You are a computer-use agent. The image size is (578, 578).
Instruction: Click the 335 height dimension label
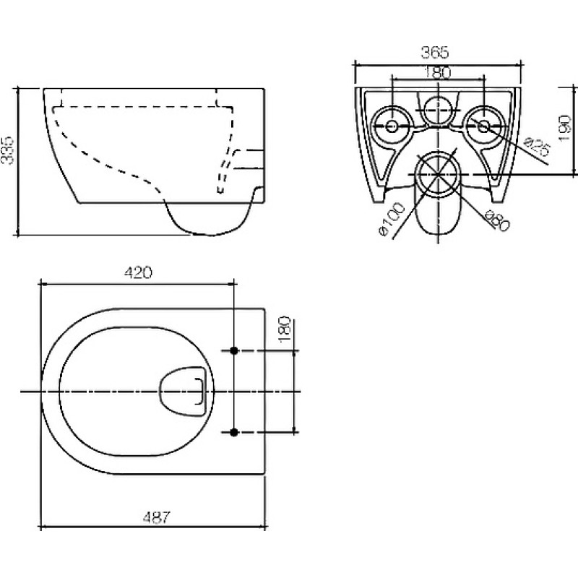[7, 150]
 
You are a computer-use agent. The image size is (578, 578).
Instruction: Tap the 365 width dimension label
[435, 53]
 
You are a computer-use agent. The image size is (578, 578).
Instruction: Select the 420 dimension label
[138, 273]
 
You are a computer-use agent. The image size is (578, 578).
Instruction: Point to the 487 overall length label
[157, 517]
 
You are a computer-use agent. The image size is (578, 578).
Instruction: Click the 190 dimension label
[564, 128]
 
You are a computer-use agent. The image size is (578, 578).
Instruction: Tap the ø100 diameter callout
[392, 220]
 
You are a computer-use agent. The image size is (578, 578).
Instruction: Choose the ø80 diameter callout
[497, 220]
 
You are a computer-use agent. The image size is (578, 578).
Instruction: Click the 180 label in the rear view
[437, 73]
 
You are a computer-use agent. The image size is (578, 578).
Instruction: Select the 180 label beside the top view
[285, 329]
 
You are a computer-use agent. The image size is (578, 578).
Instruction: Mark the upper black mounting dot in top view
[233, 350]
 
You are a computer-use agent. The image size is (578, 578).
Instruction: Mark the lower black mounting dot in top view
[233, 432]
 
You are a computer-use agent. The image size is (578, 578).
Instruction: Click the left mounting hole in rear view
[392, 126]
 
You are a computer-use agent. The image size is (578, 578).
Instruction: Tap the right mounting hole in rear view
[483, 126]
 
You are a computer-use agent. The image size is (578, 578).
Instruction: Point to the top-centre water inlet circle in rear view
[438, 110]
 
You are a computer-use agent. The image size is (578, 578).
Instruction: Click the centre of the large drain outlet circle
[438, 173]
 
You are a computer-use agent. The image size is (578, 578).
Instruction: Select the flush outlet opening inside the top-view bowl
[182, 391]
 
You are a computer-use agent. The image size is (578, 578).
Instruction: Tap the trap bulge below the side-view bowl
[210, 219]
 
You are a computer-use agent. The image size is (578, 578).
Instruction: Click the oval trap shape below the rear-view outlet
[438, 210]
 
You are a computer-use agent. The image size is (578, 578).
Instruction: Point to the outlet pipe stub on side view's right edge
[249, 160]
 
